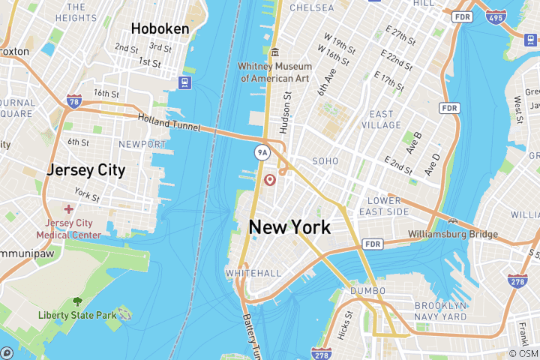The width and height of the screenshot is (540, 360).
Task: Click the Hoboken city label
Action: [160, 28]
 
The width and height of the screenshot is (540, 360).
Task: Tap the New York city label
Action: [289, 227]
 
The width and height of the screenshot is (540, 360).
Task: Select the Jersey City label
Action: [85, 169]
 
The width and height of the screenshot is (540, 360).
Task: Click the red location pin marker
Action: [271, 180]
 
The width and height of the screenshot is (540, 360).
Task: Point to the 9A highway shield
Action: [262, 153]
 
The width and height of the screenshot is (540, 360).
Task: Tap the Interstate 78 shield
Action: [73, 101]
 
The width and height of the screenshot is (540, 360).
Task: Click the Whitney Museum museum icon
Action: [275, 52]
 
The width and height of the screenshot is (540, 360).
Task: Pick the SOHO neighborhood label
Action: [325, 161]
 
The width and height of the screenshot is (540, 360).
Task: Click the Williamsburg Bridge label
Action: [453, 235]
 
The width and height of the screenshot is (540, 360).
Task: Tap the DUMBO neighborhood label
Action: [367, 291]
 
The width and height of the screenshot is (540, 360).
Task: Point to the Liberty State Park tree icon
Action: [77, 301]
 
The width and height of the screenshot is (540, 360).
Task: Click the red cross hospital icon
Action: [69, 209]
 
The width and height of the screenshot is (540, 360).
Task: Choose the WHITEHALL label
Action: [253, 273]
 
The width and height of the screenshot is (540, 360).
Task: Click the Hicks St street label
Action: [344, 323]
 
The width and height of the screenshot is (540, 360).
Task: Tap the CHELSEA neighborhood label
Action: [311, 7]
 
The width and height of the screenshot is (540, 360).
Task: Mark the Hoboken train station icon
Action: [184, 81]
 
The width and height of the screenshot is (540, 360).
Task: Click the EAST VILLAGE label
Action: [381, 120]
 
